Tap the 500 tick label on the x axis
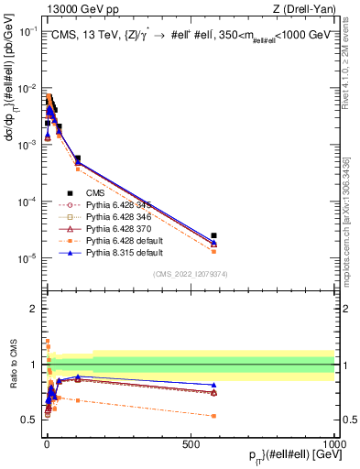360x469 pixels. point(191,442)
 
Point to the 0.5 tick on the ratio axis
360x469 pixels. point(33,420)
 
